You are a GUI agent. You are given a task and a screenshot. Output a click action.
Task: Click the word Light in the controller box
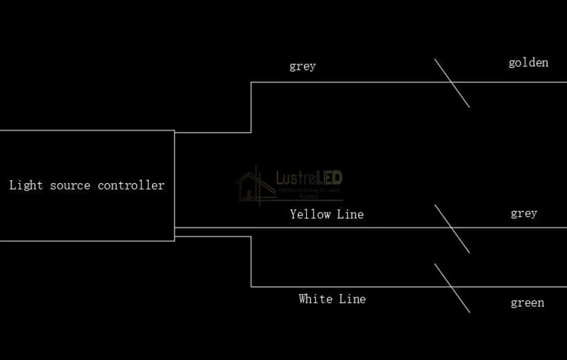pos(26,185)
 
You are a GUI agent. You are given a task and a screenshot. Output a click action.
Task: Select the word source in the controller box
pos(71,185)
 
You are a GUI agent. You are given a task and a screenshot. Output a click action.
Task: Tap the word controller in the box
pos(131,185)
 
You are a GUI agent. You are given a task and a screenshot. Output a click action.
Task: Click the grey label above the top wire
pos(302,66)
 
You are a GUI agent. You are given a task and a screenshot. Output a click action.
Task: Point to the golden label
pos(528,62)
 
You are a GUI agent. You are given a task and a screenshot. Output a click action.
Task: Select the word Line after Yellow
pos(350,214)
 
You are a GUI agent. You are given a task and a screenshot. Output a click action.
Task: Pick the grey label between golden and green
pos(523,213)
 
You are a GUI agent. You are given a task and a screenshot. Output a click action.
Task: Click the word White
pos(316,299)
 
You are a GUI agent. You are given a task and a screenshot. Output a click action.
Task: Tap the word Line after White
pos(352,299)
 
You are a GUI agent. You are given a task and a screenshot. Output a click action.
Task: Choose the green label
pos(527,303)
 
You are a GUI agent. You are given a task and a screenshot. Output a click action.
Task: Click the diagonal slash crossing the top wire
pos(452,83)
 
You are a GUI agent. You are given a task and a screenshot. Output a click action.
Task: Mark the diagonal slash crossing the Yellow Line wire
pos(452,228)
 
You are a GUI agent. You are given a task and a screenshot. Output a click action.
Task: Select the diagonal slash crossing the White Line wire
pos(452,287)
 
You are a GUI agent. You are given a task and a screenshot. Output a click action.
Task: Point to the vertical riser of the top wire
pos(251,107)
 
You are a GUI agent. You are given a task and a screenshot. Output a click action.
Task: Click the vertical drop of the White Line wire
pos(251,261)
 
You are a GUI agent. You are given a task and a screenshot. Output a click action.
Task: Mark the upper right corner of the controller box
pos(174,131)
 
